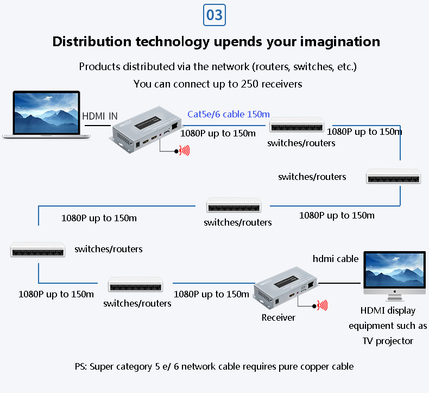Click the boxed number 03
tap(214, 15)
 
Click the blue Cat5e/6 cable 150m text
tap(228, 114)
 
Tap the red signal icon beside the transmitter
tap(185, 151)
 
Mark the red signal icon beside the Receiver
tap(323, 305)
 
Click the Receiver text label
tap(278, 317)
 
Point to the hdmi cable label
tap(336, 259)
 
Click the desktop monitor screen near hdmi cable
tap(395, 271)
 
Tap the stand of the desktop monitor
tap(395, 297)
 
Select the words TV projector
tap(388, 341)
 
